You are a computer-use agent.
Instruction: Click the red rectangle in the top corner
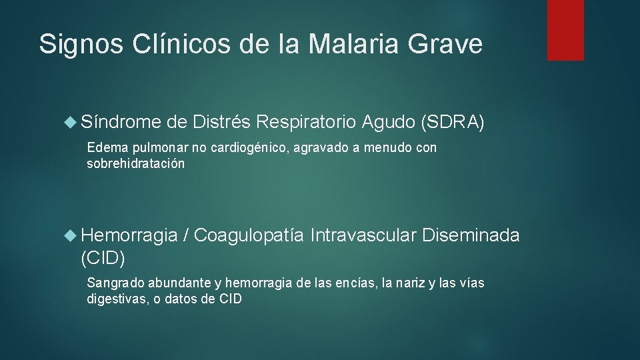565,30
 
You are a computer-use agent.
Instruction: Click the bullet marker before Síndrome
71,121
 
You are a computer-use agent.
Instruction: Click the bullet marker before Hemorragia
71,235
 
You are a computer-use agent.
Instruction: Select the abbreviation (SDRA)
453,121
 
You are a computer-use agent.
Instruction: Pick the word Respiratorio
307,121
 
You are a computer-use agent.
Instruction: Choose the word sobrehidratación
136,163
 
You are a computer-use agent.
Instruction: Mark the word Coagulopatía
249,235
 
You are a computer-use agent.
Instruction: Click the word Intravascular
363,235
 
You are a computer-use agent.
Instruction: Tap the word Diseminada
471,235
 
